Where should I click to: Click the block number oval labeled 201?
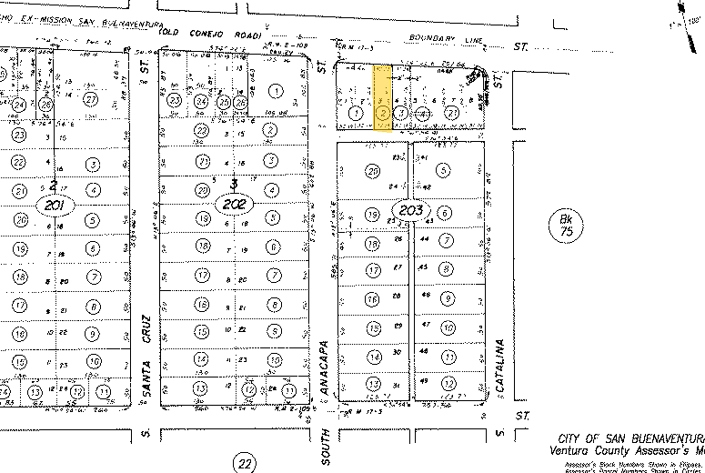[52, 206]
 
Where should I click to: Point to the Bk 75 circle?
[566, 225]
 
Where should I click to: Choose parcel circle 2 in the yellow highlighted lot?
[383, 113]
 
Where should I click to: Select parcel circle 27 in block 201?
[90, 98]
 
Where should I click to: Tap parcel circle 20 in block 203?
[371, 171]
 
